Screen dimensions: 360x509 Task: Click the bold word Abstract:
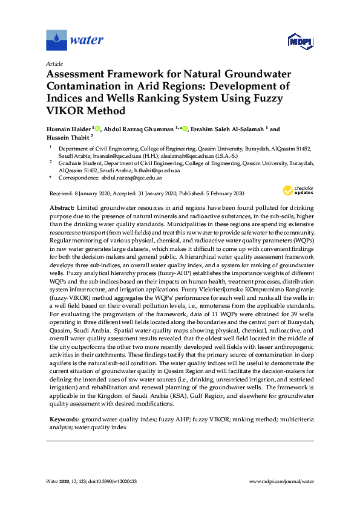[x=62, y=207]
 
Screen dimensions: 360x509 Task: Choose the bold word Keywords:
[x=64, y=418]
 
